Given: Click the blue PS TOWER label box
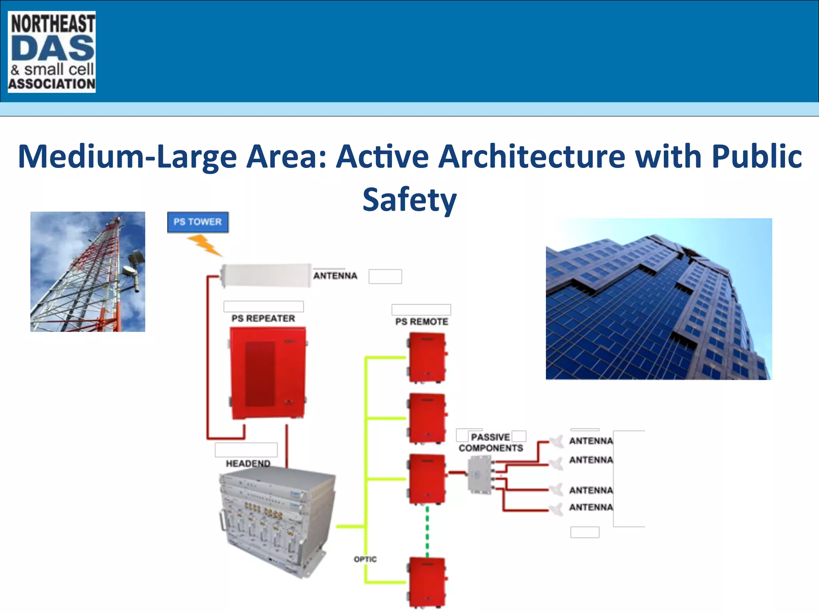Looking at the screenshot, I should click(x=198, y=222).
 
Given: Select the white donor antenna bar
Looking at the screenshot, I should click(x=266, y=275).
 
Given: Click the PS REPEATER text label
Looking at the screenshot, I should click(x=263, y=318).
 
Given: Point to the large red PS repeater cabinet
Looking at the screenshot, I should click(x=268, y=373).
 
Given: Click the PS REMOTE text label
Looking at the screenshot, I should click(x=421, y=321).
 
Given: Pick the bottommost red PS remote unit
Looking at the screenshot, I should click(x=427, y=582).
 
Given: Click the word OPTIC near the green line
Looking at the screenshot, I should click(x=365, y=559).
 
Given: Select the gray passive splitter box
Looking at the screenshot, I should click(x=480, y=475).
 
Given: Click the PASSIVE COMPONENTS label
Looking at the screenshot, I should click(x=491, y=443).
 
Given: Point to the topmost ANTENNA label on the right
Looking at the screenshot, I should click(x=591, y=441).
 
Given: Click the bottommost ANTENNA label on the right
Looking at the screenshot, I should click(x=591, y=507).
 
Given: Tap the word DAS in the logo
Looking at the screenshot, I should click(x=53, y=48).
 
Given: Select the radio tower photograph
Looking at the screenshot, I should click(x=88, y=271).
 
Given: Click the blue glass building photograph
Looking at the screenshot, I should click(x=659, y=299).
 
